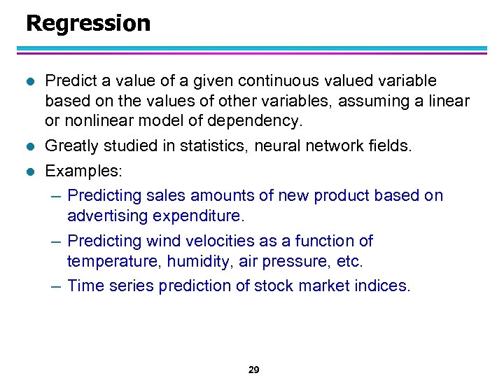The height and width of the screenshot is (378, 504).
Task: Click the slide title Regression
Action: coord(88,23)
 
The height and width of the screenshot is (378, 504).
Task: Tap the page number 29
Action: coord(253,370)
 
